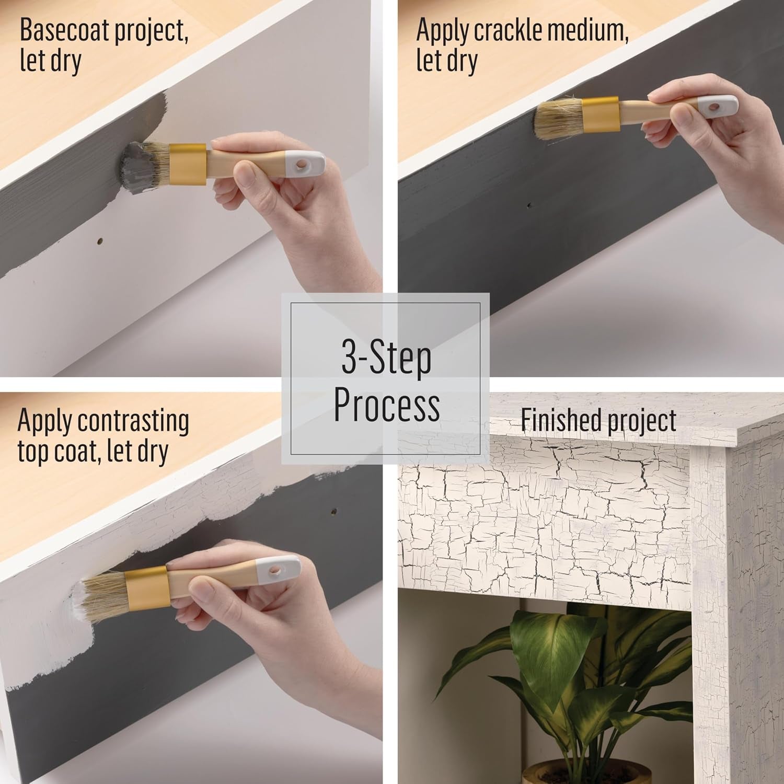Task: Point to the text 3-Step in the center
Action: [387, 358]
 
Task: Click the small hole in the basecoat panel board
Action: [100, 241]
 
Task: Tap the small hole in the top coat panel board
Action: [333, 511]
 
